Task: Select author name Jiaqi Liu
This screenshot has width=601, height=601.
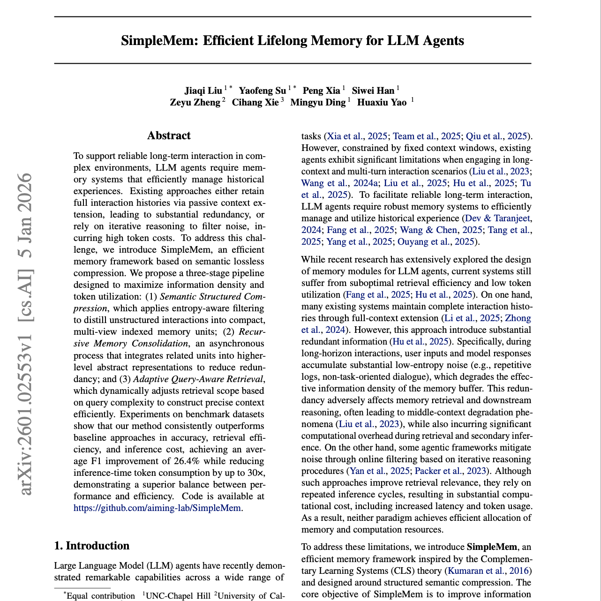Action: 203,90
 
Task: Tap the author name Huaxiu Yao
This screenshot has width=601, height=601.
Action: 382,102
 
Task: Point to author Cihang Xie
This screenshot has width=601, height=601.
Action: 255,102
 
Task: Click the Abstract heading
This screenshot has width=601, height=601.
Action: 169,136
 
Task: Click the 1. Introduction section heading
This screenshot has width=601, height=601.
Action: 92,546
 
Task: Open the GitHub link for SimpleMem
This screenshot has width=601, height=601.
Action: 158,508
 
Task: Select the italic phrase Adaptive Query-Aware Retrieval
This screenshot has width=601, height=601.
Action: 199,379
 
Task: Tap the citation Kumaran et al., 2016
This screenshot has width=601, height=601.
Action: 488,571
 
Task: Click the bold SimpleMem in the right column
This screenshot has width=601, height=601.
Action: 492,547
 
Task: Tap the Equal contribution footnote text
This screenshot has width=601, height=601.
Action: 100,596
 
